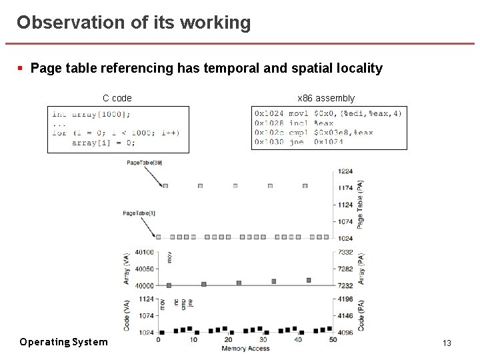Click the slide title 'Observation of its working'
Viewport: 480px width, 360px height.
click(x=134, y=23)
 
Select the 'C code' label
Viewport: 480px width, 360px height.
click(x=117, y=98)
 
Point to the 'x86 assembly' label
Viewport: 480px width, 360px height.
click(x=326, y=98)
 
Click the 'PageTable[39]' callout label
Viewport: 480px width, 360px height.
click(x=144, y=162)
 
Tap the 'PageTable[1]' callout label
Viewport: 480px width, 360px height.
click(x=139, y=213)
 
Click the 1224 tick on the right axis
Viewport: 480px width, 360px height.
click(x=345, y=171)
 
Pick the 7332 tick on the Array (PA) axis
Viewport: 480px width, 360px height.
click(x=345, y=252)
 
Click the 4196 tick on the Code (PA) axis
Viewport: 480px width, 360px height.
click(x=345, y=299)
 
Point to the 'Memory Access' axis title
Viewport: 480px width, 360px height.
click(x=245, y=349)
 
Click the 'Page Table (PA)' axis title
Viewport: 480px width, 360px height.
click(x=361, y=204)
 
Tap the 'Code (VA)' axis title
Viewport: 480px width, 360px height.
click(x=127, y=315)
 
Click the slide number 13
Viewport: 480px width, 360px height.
click(x=447, y=343)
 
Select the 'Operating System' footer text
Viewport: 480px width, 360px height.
click(x=63, y=342)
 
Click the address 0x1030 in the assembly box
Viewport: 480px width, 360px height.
click(x=269, y=141)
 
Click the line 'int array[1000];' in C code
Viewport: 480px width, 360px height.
click(x=91, y=114)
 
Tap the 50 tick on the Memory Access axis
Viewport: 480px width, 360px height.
click(x=333, y=340)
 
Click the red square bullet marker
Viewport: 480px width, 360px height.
click(x=21, y=68)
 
